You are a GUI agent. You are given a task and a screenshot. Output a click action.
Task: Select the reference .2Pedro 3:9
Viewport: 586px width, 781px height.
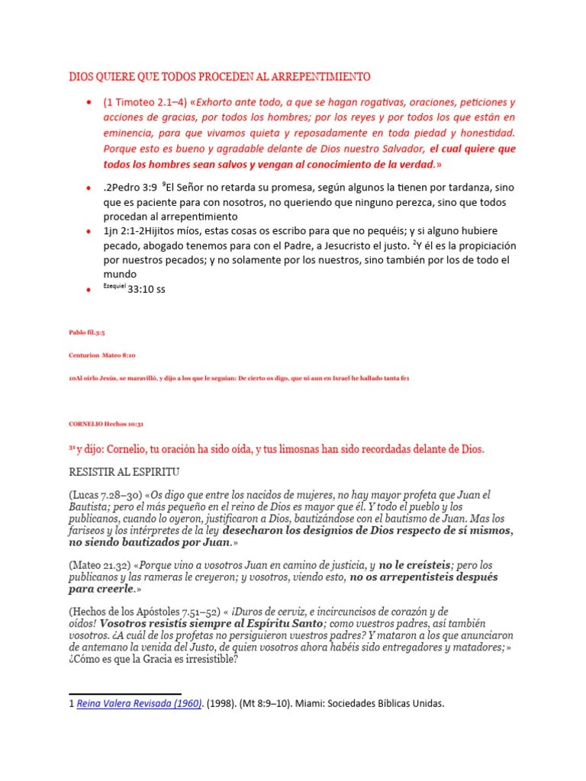[130, 188]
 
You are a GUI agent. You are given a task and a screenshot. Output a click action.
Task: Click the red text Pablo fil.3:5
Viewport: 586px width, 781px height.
[86, 333]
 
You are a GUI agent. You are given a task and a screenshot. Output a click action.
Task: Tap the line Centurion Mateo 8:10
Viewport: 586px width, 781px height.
[102, 355]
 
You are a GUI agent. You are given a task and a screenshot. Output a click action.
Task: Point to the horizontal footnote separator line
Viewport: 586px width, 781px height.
[114, 693]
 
